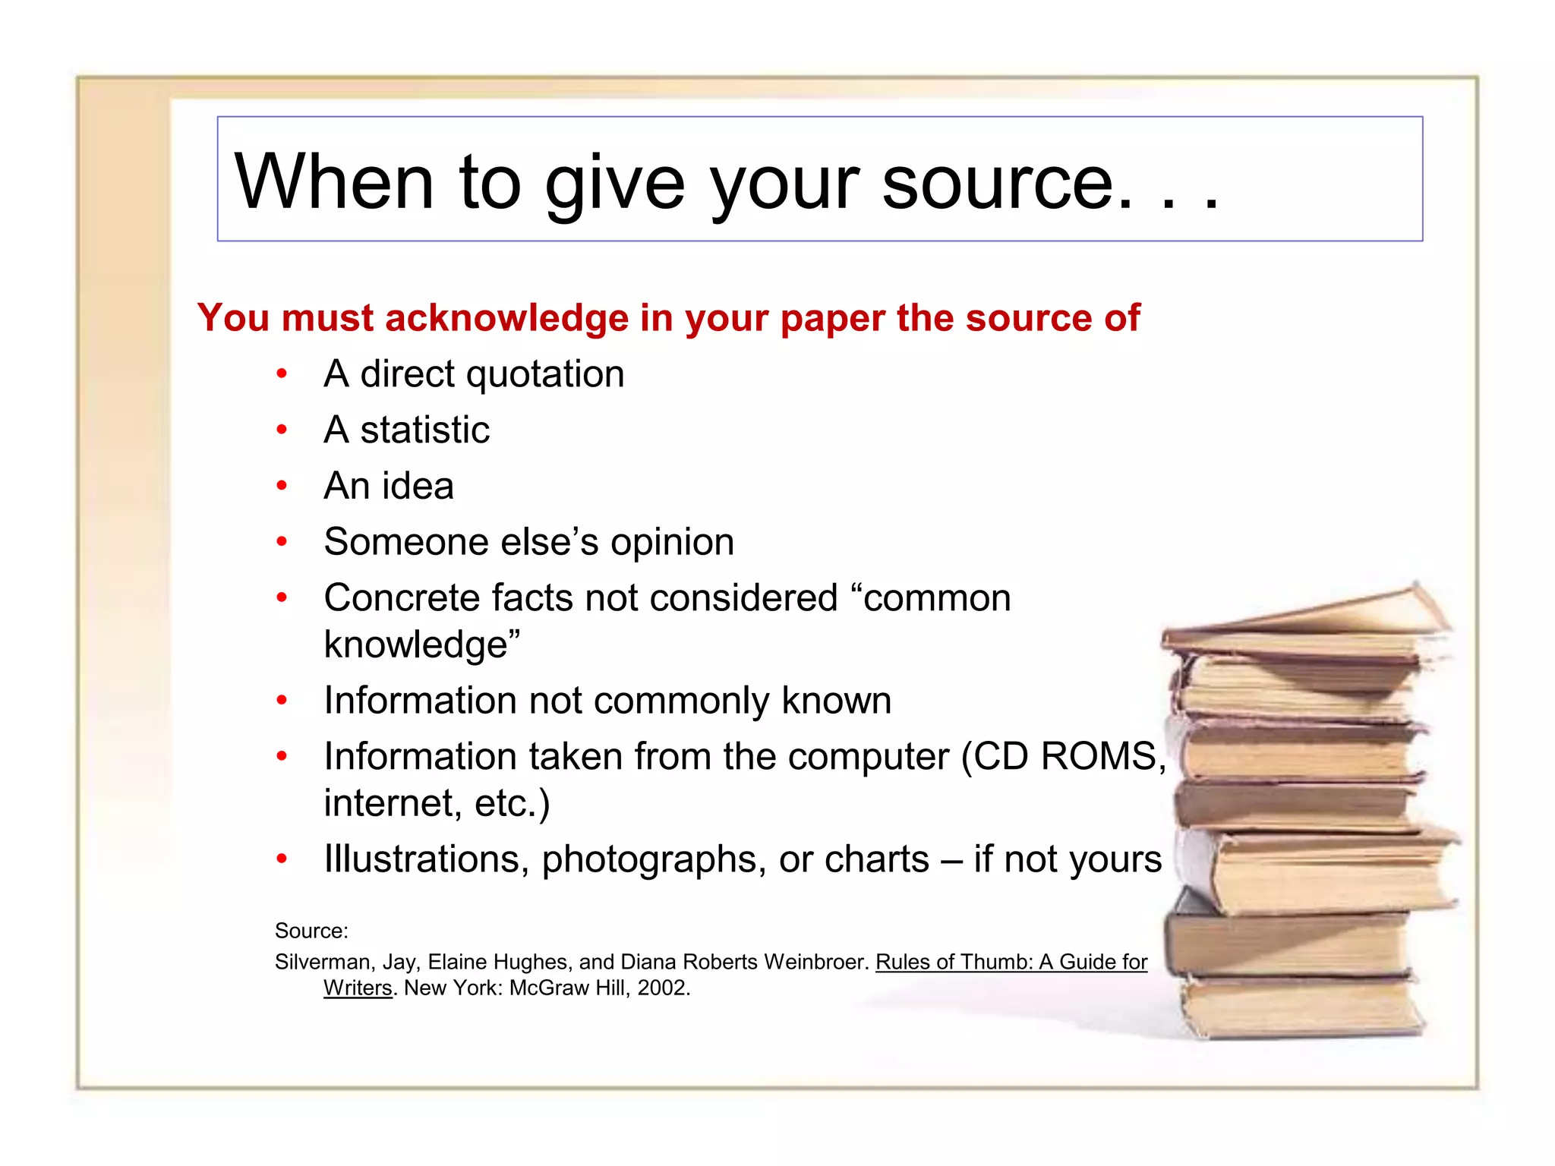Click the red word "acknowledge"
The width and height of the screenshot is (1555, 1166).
(x=507, y=318)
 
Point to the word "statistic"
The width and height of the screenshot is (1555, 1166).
(x=424, y=430)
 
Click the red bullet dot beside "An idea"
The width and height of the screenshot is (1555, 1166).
(x=282, y=486)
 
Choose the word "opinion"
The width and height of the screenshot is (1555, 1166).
(x=672, y=542)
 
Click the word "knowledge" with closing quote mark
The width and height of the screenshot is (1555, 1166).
(x=421, y=644)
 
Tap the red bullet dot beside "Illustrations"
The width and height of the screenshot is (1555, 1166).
(x=282, y=859)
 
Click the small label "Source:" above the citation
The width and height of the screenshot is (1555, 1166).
(x=311, y=931)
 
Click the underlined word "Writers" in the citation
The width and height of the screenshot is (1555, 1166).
(x=358, y=988)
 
